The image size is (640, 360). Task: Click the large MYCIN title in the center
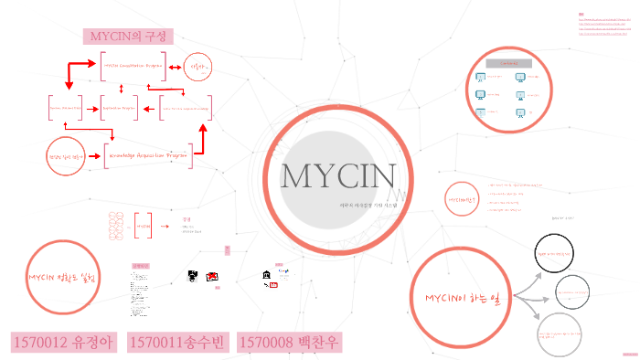click(338, 177)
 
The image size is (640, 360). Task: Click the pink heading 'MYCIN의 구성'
click(128, 37)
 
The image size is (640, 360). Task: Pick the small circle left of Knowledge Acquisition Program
click(65, 156)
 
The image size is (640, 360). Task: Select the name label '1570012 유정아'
click(65, 343)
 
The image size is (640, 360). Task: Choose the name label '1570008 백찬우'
click(290, 343)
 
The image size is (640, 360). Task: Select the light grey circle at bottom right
click(560, 334)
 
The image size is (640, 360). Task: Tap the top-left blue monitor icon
click(481, 78)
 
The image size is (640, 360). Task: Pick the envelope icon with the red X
click(212, 276)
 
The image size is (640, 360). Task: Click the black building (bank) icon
click(265, 274)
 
